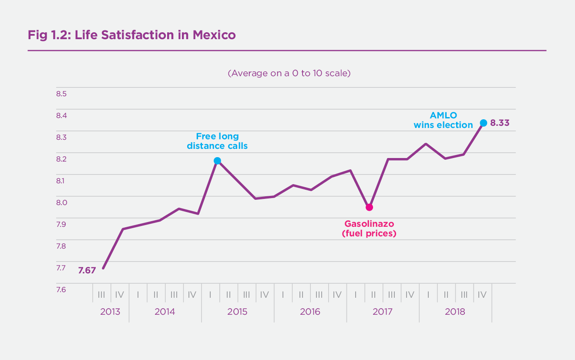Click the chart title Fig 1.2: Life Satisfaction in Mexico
tap(131, 35)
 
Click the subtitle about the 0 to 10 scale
tap(289, 73)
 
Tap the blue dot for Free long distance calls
tap(217, 161)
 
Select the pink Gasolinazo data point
tap(369, 207)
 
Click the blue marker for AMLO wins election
tap(483, 123)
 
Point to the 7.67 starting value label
tap(87, 270)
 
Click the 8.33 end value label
tap(500, 123)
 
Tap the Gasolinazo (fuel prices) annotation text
tap(369, 229)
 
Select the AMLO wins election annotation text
tap(443, 120)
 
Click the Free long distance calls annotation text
tap(217, 141)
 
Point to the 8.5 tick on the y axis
tap(61, 94)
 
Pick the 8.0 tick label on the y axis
tap(61, 202)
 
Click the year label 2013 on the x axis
tap(110, 312)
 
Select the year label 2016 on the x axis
tap(310, 312)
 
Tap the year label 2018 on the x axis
tap(455, 312)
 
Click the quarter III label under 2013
tap(101, 295)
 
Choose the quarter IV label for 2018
tap(482, 295)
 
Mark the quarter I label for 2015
tap(210, 295)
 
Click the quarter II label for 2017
tap(373, 295)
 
